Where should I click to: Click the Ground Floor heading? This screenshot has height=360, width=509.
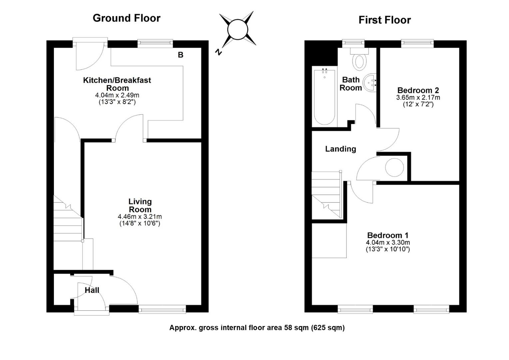[x=127, y=18]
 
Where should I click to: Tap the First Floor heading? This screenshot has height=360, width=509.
[x=385, y=20]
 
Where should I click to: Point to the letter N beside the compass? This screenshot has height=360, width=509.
[x=219, y=52]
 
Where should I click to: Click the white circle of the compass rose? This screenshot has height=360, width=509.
[x=238, y=30]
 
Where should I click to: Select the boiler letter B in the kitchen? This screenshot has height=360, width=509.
[x=181, y=55]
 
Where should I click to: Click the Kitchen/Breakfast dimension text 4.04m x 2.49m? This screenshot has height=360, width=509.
[x=117, y=95]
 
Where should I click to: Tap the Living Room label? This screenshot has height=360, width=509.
[x=140, y=205]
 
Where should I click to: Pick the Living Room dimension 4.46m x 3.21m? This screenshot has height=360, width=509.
[x=140, y=217]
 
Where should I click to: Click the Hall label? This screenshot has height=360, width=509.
[x=92, y=290]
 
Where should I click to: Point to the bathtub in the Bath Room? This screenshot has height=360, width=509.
[x=324, y=97]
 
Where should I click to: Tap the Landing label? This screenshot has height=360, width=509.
[x=341, y=149]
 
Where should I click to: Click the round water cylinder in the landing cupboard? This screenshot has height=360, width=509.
[x=394, y=167]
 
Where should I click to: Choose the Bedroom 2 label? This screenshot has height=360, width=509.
[x=418, y=90]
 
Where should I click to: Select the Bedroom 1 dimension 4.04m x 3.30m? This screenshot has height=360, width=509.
[x=388, y=243]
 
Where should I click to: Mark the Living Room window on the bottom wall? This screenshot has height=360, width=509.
[x=162, y=309]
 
